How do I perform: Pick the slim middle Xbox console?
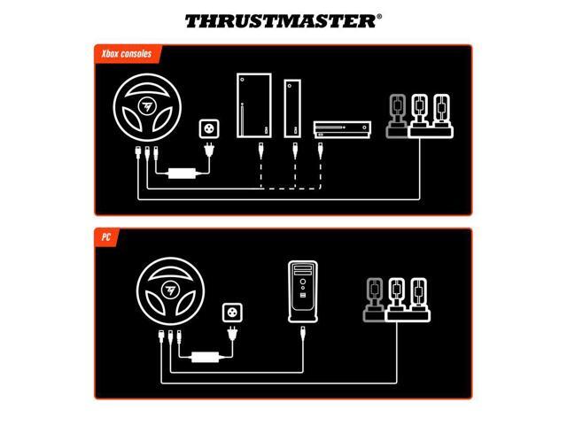tap(291, 110)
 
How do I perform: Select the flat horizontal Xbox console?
tap(338, 129)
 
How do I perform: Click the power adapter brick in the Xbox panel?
tap(185, 172)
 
